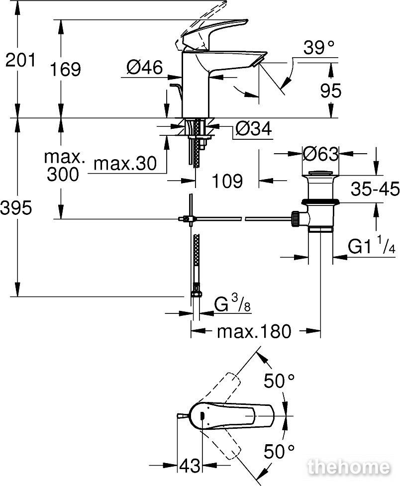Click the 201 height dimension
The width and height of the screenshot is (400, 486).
tap(20, 60)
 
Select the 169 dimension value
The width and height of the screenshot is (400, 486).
tap(66, 69)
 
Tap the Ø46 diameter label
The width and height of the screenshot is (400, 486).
tap(144, 67)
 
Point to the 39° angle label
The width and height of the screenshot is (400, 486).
tap(319, 48)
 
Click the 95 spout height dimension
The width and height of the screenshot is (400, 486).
tap(331, 91)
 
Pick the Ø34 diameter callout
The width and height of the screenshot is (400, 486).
tap(253, 128)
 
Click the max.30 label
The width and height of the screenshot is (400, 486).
tap(125, 163)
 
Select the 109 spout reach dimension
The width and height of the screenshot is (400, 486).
tap(227, 181)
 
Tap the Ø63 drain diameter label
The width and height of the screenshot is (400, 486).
tap(320, 154)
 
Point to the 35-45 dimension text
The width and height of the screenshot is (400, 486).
tap(375, 189)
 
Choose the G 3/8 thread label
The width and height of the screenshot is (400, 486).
tap(232, 303)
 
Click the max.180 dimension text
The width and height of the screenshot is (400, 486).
tap(254, 331)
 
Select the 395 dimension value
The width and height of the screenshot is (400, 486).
tap(16, 207)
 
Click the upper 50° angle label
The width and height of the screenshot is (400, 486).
tap(279, 381)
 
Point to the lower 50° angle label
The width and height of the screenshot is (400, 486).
tap(279, 451)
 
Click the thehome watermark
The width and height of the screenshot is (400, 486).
tap(348, 467)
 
